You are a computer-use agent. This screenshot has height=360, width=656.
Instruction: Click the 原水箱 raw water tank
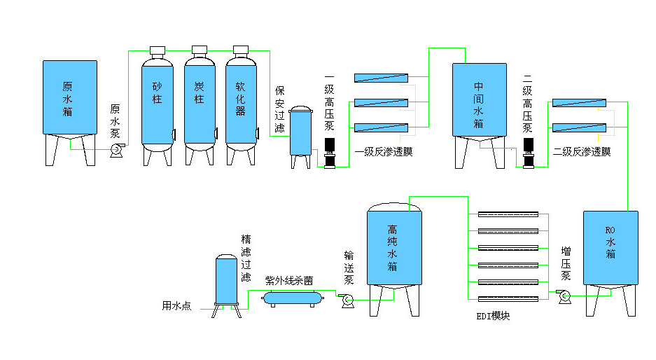[x=69, y=98]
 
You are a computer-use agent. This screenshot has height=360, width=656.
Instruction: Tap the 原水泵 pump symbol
[x=117, y=148]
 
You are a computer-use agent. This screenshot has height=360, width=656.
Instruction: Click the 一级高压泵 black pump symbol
[x=330, y=153]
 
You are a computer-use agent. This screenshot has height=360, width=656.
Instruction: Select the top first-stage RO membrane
[x=381, y=78]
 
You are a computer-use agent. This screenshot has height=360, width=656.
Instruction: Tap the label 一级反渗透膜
[x=384, y=151]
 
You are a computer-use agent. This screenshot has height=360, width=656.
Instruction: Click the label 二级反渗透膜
[x=582, y=151]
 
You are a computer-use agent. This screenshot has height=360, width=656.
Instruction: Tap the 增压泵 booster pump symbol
[x=564, y=297]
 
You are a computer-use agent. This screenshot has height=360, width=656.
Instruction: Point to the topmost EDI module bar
[x=508, y=214]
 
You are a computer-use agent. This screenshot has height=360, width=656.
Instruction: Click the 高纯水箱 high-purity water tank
[x=395, y=249]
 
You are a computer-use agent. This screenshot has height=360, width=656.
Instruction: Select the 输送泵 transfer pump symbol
[x=346, y=300]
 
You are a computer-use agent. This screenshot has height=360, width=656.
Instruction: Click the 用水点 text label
[x=176, y=305]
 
